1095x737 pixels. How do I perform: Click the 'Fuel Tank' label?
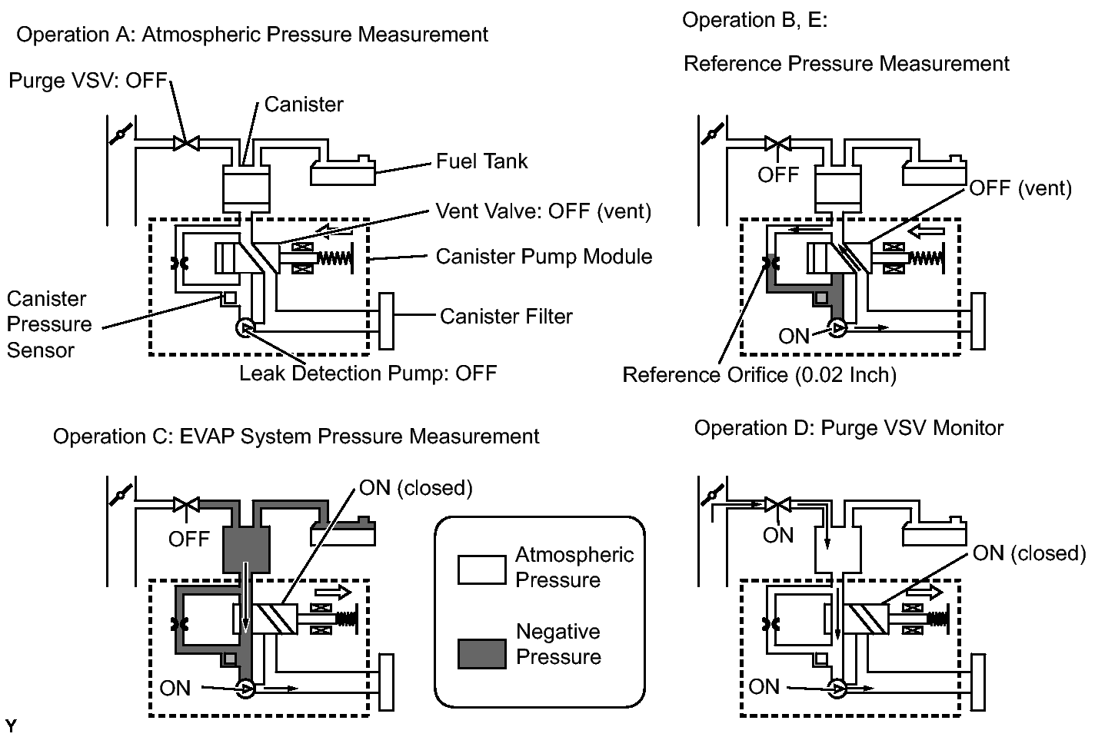point(481,161)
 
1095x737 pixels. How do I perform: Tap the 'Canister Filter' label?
point(506,317)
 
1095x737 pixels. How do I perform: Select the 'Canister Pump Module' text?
point(544,257)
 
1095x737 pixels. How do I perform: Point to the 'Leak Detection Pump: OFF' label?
point(368,373)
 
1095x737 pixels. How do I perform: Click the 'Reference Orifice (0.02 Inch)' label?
point(760,375)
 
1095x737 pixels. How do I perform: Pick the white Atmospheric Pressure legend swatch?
point(481,569)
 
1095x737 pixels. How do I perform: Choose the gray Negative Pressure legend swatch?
point(481,653)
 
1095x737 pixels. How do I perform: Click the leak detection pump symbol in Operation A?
point(245,327)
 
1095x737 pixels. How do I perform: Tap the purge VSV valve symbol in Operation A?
point(186,144)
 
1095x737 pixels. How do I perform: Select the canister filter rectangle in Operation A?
point(386,321)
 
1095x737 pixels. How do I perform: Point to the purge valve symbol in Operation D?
point(778,504)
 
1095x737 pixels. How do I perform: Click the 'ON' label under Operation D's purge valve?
point(777,536)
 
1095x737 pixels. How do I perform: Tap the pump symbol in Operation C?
point(245,689)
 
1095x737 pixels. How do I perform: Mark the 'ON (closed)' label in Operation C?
point(415,488)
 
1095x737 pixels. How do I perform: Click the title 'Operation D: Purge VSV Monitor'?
point(849,428)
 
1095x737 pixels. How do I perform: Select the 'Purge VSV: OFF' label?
point(88,81)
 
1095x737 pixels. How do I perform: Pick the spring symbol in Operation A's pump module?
point(334,258)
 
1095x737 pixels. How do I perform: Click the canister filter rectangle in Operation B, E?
point(977,321)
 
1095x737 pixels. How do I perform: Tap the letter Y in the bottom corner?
point(11,725)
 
